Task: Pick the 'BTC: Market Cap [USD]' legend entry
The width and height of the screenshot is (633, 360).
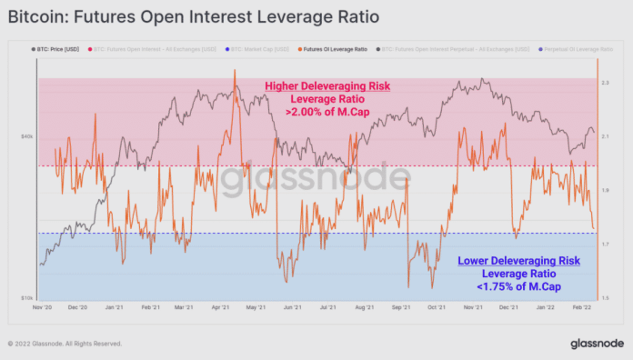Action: tap(246, 46)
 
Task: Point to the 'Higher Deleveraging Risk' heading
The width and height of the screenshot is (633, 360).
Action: tap(327, 86)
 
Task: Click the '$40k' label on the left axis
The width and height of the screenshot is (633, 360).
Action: tap(27, 137)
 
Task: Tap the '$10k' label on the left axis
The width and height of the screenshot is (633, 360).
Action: tap(27, 297)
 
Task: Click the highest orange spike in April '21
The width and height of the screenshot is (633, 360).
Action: tap(235, 70)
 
